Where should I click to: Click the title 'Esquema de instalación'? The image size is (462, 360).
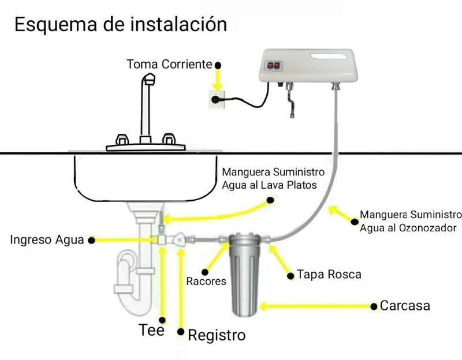[x=121, y=24]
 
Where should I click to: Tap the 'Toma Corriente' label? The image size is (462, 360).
[x=169, y=64]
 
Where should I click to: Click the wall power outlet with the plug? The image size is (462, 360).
[x=217, y=99]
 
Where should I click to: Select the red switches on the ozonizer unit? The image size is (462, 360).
[x=273, y=65]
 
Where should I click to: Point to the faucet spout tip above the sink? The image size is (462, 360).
[x=150, y=79]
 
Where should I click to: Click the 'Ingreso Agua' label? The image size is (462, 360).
[x=47, y=239]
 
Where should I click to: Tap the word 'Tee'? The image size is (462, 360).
[x=151, y=330]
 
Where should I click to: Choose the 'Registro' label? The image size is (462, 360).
[x=217, y=335]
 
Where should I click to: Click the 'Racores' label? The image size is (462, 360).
[x=206, y=282]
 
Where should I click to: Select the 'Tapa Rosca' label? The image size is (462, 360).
[x=329, y=275]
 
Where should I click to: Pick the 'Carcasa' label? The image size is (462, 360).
[x=405, y=306]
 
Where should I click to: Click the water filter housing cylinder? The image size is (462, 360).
[x=244, y=275]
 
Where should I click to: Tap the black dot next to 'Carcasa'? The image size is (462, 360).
[x=374, y=307]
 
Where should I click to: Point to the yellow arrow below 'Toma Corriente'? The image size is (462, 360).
[x=218, y=80]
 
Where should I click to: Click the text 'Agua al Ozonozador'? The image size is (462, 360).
[x=408, y=228]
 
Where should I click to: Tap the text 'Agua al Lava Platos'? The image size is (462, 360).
[x=269, y=185]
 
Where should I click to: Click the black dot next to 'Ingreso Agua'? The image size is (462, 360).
[x=92, y=241]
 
